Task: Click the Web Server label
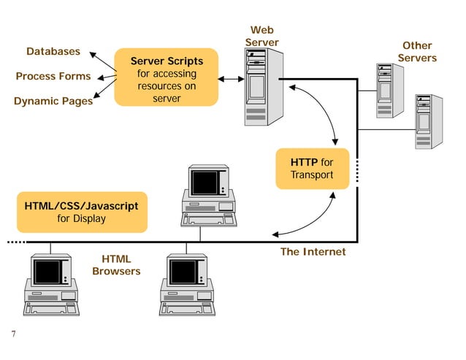coord(261,36)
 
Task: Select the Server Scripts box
coord(167,77)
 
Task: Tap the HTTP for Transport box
coord(312,168)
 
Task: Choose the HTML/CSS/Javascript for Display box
coord(81,212)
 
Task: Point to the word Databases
coord(53,52)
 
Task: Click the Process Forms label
coord(53,76)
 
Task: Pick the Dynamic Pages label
coord(53,101)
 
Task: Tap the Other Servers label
coord(417,52)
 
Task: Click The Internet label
coord(313,252)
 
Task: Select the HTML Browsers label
coord(116,265)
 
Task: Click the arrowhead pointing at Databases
coord(92,54)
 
